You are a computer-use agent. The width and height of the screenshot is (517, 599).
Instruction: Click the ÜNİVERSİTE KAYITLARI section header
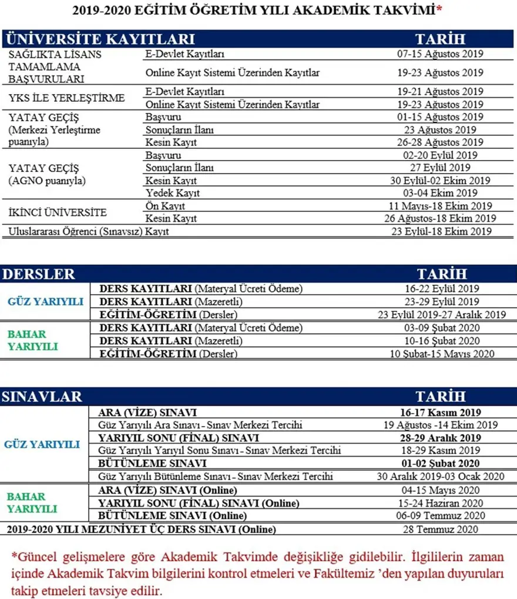(100, 39)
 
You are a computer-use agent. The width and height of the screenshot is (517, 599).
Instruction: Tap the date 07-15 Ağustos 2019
(440, 54)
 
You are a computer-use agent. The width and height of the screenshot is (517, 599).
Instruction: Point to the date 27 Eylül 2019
(440, 168)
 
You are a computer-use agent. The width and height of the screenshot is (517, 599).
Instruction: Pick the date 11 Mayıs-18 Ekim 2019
(440, 206)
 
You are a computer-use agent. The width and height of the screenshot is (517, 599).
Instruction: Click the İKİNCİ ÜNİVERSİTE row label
(58, 212)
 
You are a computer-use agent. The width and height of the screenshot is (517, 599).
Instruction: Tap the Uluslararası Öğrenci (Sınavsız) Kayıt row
(89, 232)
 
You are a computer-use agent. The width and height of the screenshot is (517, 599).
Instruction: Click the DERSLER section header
(39, 274)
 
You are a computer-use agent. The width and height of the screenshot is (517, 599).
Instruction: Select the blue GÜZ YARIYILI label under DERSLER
(45, 302)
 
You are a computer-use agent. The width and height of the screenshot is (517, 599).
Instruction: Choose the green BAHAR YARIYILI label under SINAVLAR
(32, 503)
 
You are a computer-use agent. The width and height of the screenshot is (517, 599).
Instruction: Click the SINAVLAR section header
(42, 397)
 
